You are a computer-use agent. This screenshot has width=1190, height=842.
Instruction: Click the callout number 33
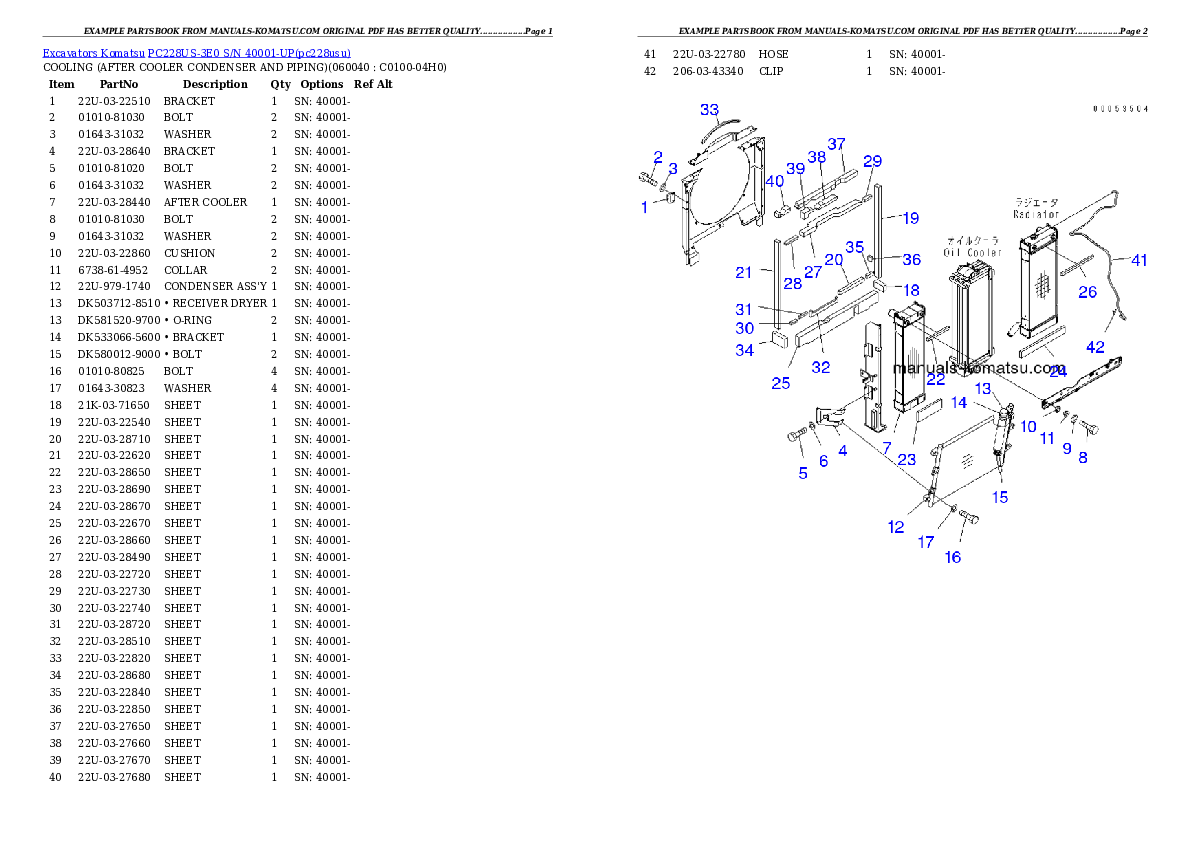coord(709,109)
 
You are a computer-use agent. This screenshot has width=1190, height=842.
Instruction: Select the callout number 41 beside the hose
coord(1139,260)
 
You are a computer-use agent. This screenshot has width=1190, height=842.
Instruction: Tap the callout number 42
coord(1096,347)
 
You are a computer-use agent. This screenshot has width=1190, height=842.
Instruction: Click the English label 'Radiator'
coord(1035,214)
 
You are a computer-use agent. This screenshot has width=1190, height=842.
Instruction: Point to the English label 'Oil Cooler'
coord(973,252)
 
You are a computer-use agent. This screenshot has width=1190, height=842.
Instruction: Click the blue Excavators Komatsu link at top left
coord(196,53)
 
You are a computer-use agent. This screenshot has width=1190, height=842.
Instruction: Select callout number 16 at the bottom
coord(953,557)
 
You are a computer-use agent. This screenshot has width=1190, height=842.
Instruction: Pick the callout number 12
coord(896,527)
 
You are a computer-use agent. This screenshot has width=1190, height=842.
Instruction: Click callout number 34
coord(745,350)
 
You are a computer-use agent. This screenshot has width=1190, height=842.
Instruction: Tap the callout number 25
coord(780,383)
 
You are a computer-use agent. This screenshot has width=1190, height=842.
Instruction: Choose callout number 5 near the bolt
coord(802,473)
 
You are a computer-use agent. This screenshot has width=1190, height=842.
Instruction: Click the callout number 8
coord(1082,457)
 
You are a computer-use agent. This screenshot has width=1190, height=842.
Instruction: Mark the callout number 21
coord(743,272)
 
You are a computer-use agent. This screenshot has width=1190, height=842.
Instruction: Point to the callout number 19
coord(909,218)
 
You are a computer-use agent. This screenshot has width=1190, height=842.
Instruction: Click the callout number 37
coord(836,144)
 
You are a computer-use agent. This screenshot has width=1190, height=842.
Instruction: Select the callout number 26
coord(1087,292)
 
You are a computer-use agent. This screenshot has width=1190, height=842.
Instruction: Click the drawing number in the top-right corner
coord(1120,107)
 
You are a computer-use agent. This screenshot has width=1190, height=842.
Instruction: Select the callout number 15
coord(1000,496)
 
